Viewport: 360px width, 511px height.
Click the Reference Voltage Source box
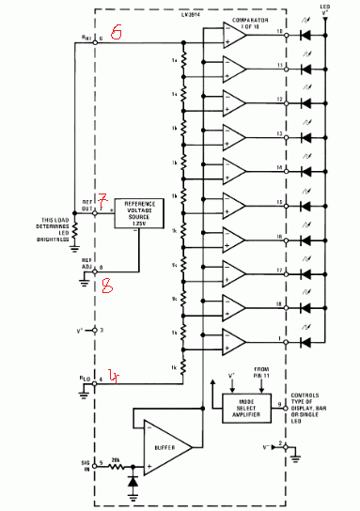point(137,213)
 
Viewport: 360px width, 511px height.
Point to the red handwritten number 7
point(104,200)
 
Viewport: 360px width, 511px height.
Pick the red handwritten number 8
point(107,288)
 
